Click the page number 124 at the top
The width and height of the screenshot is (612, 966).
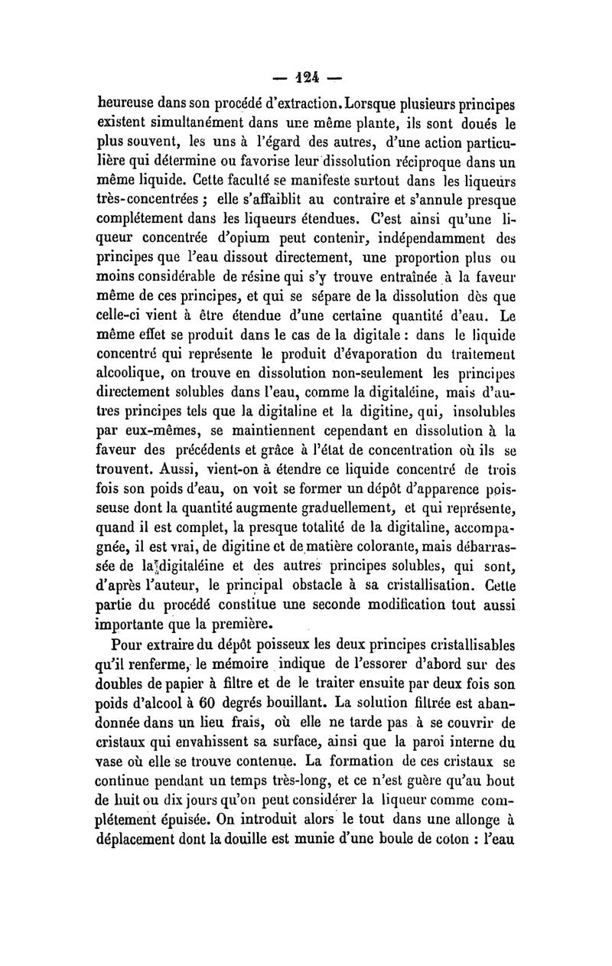(307, 78)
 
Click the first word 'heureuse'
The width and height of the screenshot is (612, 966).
(130, 102)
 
